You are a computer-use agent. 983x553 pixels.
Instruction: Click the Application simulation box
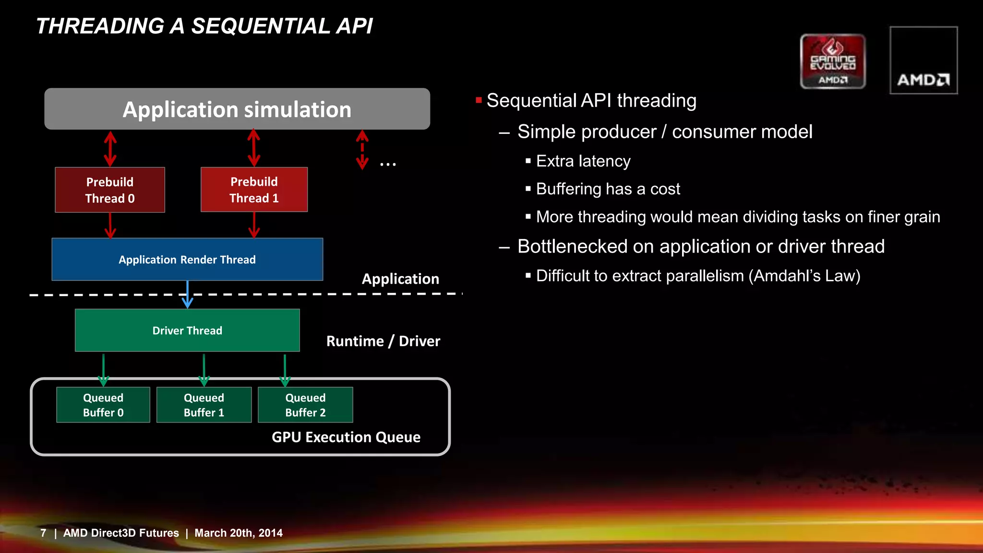pos(237,109)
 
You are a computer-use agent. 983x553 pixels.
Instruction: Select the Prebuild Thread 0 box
pos(110,190)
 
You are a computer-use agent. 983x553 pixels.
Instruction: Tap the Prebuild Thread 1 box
pos(254,190)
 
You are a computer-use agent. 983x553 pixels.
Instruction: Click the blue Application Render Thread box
pos(187,259)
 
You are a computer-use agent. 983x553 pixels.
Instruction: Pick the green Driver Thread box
pos(187,330)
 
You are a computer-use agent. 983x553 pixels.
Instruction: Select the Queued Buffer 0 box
pos(103,405)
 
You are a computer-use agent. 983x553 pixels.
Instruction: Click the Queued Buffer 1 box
pos(204,405)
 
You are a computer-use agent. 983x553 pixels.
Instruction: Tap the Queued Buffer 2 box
pos(305,405)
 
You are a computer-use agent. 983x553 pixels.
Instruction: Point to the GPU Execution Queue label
pos(346,437)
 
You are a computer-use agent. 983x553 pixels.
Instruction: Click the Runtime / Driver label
pos(383,341)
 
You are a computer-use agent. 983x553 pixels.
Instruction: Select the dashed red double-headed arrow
pos(362,150)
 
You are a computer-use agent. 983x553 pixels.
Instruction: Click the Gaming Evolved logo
pos(833,61)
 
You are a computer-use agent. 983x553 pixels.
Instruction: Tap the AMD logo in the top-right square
pos(923,79)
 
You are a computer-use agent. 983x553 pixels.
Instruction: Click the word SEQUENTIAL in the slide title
pos(261,26)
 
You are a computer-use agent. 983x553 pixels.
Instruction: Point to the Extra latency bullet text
pos(583,161)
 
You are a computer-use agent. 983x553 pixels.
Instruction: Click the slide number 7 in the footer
pos(43,533)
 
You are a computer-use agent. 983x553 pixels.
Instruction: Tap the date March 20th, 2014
pos(238,533)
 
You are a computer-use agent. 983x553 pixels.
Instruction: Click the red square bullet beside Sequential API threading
pos(479,100)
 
